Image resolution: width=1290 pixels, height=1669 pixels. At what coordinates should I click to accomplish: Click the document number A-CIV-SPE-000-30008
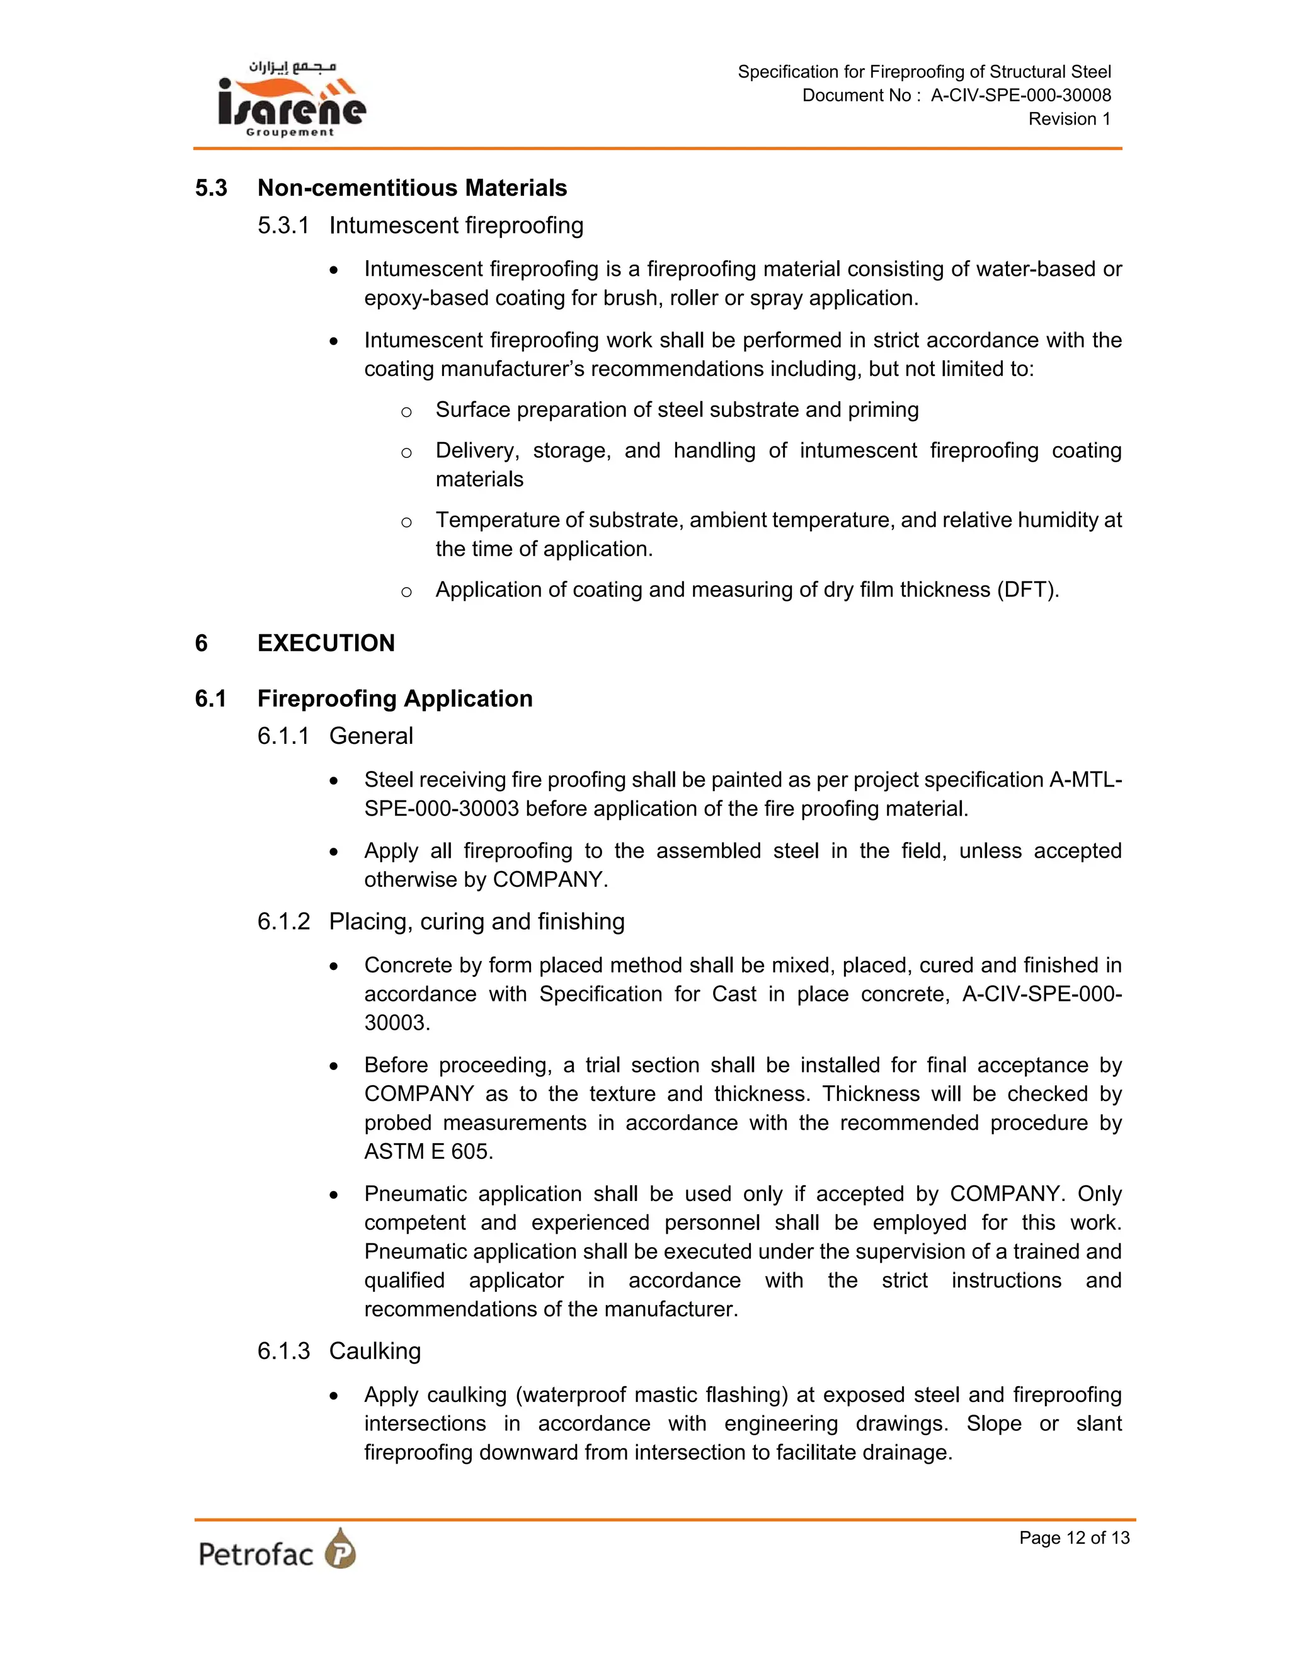click(x=1020, y=96)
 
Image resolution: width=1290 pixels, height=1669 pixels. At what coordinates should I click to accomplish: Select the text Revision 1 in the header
click(x=1068, y=119)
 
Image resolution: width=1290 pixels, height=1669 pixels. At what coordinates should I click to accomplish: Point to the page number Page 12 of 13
click(x=1074, y=1537)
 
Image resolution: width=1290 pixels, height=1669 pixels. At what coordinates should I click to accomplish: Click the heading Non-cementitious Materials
click(x=412, y=188)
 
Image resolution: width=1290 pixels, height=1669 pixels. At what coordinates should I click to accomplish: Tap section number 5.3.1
click(x=283, y=225)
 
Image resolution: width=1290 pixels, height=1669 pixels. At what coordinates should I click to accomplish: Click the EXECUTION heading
click(x=326, y=642)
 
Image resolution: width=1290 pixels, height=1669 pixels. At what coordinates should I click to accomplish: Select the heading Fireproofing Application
click(x=394, y=698)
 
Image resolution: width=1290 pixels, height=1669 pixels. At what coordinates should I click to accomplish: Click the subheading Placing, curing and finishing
click(x=476, y=921)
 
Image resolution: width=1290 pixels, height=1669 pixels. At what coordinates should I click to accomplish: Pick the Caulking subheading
click(x=375, y=1351)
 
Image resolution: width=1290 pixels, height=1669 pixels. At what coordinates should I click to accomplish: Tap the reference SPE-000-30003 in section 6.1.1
click(x=441, y=809)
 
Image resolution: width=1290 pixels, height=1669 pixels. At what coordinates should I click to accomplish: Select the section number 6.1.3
click(x=283, y=1351)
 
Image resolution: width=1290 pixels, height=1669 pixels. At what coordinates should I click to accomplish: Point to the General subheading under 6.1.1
click(x=370, y=736)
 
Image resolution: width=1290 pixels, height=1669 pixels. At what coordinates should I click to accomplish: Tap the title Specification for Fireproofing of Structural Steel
click(x=923, y=72)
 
